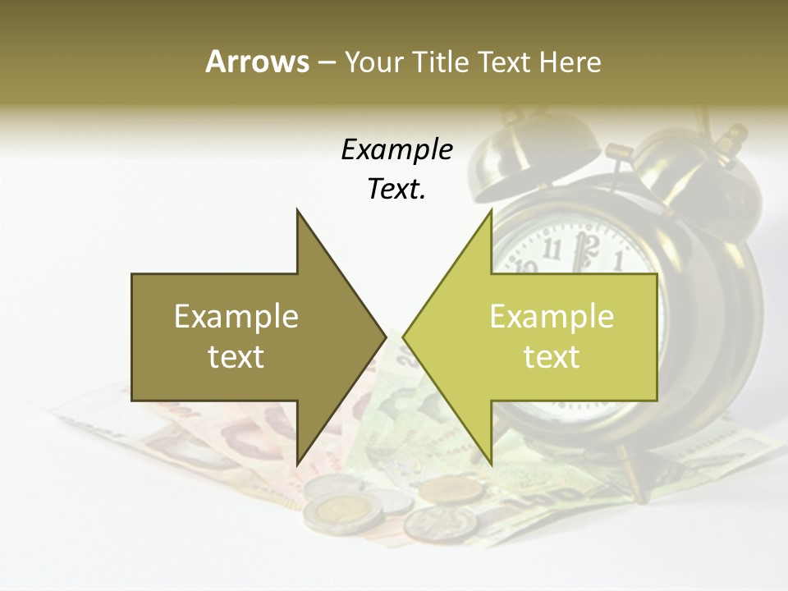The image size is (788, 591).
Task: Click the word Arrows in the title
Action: (257, 62)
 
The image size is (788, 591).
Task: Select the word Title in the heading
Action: (441, 62)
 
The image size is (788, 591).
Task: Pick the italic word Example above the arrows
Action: (396, 149)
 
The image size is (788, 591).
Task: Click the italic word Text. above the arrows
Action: (396, 189)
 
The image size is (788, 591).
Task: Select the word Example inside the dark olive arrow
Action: (236, 316)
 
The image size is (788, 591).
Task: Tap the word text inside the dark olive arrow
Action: (236, 356)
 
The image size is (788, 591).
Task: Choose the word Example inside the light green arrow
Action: (552, 316)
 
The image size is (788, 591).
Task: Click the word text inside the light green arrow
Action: (552, 356)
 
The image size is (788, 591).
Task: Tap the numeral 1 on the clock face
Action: (618, 260)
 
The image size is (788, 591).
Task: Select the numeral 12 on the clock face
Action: (585, 244)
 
